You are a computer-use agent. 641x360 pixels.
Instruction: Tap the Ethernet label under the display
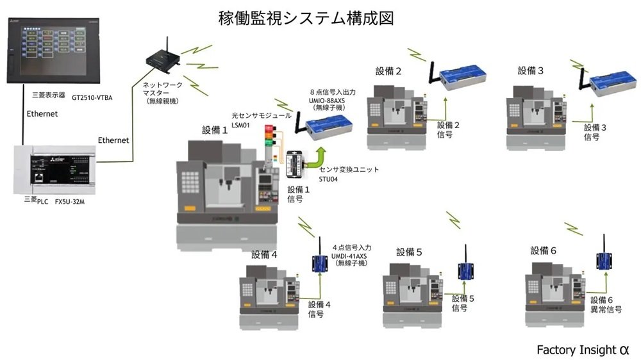pos(42,113)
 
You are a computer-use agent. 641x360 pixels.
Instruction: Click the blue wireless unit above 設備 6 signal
pos(604,260)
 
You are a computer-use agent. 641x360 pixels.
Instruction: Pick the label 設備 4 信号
pos(319,309)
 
